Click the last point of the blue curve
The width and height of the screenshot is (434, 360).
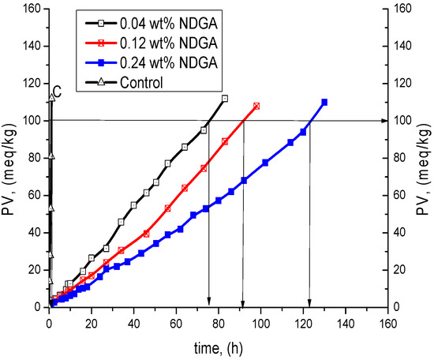point(324,102)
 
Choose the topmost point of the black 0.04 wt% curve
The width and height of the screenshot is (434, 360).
point(225,99)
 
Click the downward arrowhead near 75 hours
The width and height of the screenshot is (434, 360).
point(208,302)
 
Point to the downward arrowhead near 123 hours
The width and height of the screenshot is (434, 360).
point(309,302)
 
